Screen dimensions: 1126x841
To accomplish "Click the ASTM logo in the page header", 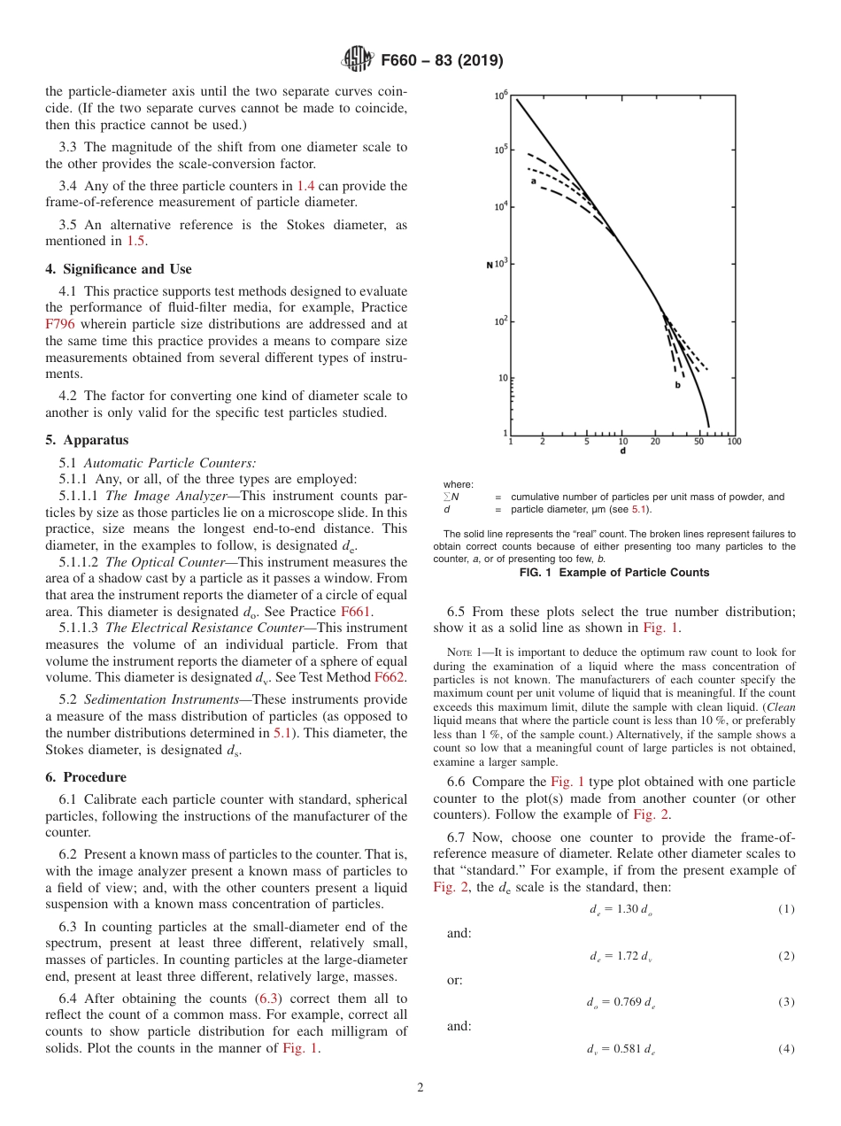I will (x=357, y=60).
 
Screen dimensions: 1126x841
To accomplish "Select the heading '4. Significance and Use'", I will (x=118, y=269).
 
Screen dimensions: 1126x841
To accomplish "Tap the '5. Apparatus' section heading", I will (x=87, y=440).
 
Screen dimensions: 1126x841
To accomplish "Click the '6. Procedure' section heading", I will (x=86, y=777).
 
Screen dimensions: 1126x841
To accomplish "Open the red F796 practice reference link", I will (x=60, y=324).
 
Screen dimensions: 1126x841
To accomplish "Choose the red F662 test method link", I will (x=390, y=677).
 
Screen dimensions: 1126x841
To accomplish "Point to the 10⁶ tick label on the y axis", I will (x=500, y=93).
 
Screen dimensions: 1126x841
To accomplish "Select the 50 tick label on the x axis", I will (x=699, y=441).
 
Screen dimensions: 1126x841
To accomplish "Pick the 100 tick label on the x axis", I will (x=733, y=441).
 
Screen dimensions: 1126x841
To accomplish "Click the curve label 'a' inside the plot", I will (x=534, y=181).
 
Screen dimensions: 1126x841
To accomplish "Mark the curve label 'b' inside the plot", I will (x=677, y=385).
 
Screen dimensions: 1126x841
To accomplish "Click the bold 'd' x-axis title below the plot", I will (x=621, y=451).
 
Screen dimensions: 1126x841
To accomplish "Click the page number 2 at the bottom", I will (x=420, y=1088).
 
